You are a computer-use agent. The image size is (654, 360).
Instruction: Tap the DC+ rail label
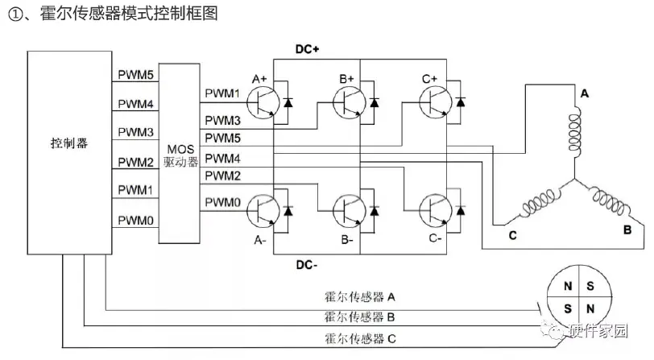[x=307, y=48]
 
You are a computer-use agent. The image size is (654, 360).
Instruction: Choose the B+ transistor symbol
[x=348, y=102]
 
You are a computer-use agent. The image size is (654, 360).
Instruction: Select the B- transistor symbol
[x=348, y=212]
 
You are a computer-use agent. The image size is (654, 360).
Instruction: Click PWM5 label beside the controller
[x=135, y=75]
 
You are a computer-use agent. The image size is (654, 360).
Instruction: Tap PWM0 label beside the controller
[x=135, y=219]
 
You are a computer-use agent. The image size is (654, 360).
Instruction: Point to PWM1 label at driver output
[x=222, y=93]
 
